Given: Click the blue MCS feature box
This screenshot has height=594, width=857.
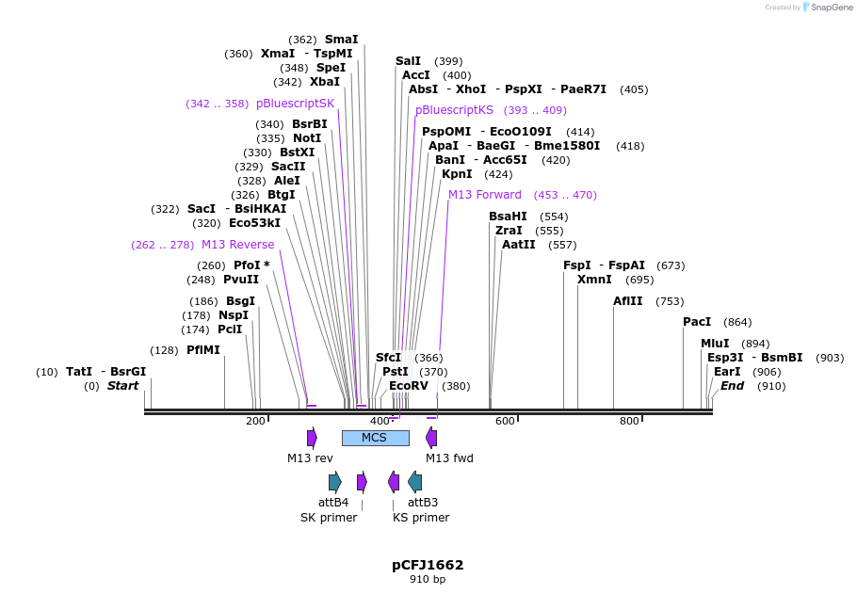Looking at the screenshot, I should (375, 438).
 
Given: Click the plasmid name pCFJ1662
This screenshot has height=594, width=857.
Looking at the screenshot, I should (428, 565).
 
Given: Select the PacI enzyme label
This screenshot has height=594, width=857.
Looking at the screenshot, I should (697, 322).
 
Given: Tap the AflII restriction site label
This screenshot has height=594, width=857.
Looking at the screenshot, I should (628, 301).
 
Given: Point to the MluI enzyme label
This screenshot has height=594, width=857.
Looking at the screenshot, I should (715, 344).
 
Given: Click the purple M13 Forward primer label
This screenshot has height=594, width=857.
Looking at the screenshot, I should (484, 195).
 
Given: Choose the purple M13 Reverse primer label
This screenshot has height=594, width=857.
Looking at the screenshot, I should (237, 245).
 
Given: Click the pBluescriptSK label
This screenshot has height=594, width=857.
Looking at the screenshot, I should (295, 104).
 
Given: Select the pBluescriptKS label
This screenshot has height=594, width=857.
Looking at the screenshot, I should (454, 110).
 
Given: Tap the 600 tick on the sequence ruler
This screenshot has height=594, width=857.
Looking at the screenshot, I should (505, 421).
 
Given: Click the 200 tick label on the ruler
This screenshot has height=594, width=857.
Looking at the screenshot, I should (255, 421).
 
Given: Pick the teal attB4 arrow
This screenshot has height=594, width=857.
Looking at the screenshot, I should (334, 482).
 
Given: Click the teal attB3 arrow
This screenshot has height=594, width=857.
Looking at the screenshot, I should (414, 482).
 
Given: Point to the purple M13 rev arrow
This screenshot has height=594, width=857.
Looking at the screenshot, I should (312, 438).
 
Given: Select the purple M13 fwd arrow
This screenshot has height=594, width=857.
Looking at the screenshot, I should (431, 438).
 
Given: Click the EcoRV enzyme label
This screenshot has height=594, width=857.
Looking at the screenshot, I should (409, 386).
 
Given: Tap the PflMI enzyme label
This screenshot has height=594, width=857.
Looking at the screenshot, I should (202, 350).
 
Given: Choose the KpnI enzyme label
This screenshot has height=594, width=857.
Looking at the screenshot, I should (457, 174).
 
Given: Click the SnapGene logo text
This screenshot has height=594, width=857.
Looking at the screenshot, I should (832, 7).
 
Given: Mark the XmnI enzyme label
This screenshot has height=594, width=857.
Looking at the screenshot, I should (594, 280).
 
